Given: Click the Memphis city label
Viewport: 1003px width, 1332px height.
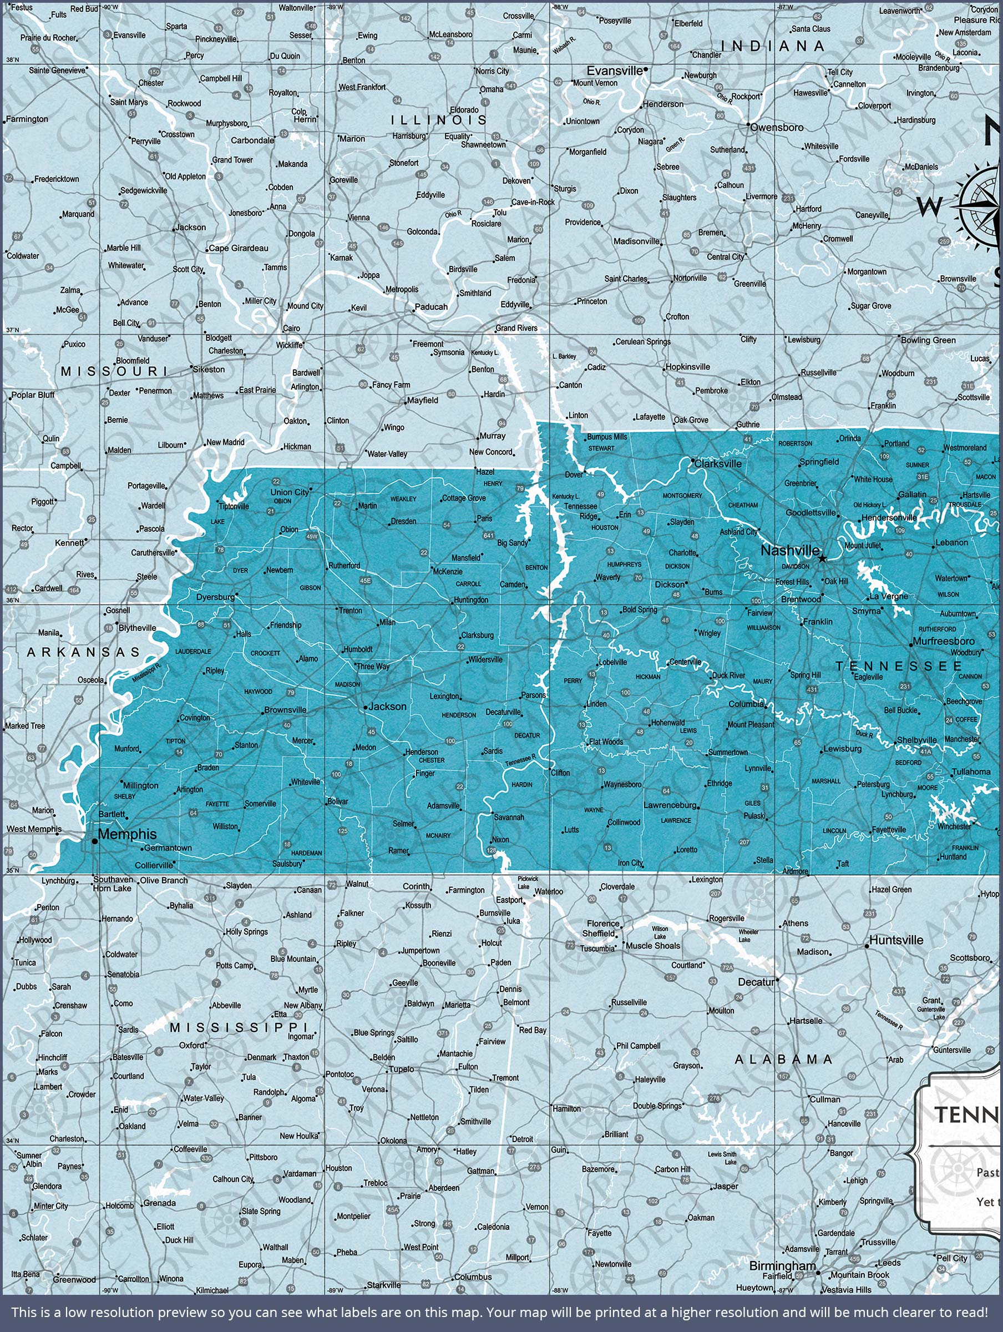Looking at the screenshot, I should click(127, 834).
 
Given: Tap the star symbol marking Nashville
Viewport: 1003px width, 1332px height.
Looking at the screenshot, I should click(822, 558).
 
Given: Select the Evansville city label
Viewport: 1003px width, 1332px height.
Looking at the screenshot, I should click(615, 70).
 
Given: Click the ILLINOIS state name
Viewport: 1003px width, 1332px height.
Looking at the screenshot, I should click(439, 120).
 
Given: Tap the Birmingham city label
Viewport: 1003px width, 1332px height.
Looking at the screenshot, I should click(782, 1266).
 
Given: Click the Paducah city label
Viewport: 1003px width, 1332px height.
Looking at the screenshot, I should click(431, 306).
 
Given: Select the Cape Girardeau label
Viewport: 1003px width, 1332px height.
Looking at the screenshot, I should click(239, 248).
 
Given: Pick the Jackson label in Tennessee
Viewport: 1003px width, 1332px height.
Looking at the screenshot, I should click(387, 707).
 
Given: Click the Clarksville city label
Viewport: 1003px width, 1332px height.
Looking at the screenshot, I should click(718, 463).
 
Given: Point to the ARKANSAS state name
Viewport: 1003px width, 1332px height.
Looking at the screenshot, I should click(84, 652).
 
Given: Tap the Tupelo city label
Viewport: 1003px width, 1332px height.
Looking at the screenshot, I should click(401, 1069).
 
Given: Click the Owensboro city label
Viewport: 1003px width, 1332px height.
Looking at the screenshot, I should click(777, 128).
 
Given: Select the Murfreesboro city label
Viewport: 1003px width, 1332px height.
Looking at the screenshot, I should click(944, 642).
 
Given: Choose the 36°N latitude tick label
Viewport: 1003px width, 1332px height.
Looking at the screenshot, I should click(12, 600).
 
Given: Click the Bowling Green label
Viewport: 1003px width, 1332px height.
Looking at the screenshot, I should click(928, 340).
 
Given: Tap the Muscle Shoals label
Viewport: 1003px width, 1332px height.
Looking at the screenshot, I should click(652, 945).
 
